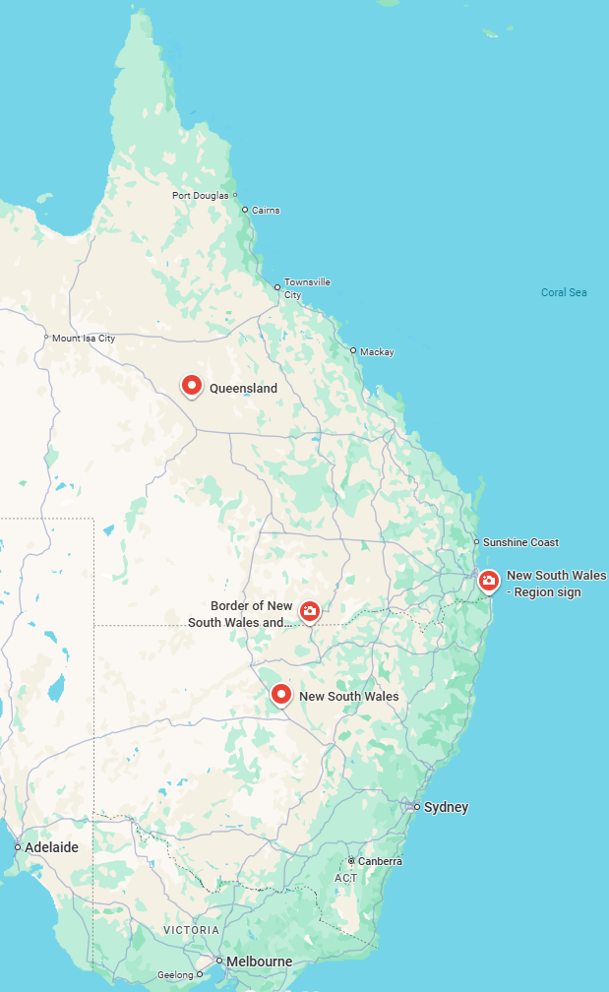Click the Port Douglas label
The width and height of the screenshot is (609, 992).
[200, 195]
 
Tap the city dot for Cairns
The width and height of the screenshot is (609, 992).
[245, 210]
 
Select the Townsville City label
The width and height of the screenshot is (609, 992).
[307, 288]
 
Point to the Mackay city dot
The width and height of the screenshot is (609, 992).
[353, 350]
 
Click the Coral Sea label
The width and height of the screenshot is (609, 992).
[564, 292]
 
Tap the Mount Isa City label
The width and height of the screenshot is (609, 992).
[84, 339]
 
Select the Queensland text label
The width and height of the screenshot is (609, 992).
[243, 389]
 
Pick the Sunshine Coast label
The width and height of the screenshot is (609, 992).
[520, 542]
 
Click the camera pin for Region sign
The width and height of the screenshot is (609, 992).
[489, 581]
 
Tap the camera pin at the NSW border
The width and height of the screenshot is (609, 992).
[310, 611]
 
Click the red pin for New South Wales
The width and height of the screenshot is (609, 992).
[281, 694]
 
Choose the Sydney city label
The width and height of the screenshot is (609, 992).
[446, 808]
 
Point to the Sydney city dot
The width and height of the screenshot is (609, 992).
[417, 807]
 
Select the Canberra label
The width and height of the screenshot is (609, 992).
[380, 861]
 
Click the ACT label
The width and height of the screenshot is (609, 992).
[346, 878]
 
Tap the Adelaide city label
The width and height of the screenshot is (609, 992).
[51, 847]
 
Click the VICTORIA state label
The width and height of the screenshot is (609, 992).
[192, 930]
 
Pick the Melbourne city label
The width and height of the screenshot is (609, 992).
[259, 961]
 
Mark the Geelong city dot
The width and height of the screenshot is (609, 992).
[200, 975]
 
